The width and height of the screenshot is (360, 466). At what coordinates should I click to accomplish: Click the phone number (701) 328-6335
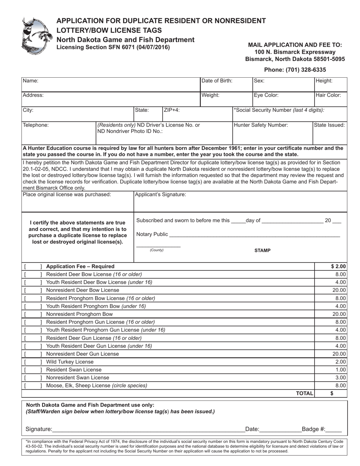(295, 70)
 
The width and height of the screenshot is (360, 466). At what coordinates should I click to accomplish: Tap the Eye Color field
(283, 99)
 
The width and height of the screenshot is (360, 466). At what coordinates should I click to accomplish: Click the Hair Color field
(330, 99)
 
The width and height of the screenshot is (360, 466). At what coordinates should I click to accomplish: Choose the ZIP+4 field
(181, 114)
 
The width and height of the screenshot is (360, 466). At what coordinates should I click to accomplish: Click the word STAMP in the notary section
(262, 250)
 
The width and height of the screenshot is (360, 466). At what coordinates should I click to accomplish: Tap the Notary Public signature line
(254, 235)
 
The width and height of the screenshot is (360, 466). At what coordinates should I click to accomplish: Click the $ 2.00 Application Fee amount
(338, 266)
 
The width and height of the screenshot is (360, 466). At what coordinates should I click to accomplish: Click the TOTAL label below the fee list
(304, 394)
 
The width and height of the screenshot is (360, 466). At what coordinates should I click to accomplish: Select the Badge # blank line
(334, 429)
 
